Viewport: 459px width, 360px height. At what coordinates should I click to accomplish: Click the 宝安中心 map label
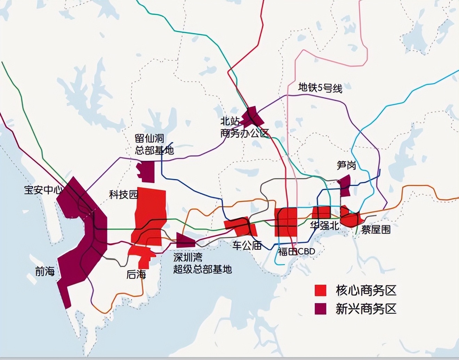pos(43,190)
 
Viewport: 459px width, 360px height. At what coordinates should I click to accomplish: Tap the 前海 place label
pos(45,271)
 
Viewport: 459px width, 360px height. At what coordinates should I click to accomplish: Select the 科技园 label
pos(124,194)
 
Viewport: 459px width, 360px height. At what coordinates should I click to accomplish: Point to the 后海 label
pos(136,275)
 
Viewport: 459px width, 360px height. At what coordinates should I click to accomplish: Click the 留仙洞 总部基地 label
pos(154,144)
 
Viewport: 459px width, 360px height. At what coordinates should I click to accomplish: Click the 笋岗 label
pos(346,165)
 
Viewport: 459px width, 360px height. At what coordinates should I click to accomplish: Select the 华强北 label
pos(324,225)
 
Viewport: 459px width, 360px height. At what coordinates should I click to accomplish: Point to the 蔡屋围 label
pos(376,229)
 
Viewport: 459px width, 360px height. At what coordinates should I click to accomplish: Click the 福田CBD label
pos(297,252)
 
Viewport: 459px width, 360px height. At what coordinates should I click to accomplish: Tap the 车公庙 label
pos(247,245)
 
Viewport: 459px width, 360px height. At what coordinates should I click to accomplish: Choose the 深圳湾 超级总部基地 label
pos(202,263)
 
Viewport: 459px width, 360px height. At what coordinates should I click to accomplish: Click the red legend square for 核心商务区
pos(320,290)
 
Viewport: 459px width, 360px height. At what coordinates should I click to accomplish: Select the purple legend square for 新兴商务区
pos(320,309)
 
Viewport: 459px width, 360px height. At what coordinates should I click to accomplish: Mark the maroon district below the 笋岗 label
pos(345,185)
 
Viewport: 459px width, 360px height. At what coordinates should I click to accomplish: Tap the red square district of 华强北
pos(321,212)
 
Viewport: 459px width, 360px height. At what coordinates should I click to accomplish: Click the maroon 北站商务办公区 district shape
pos(252,117)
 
